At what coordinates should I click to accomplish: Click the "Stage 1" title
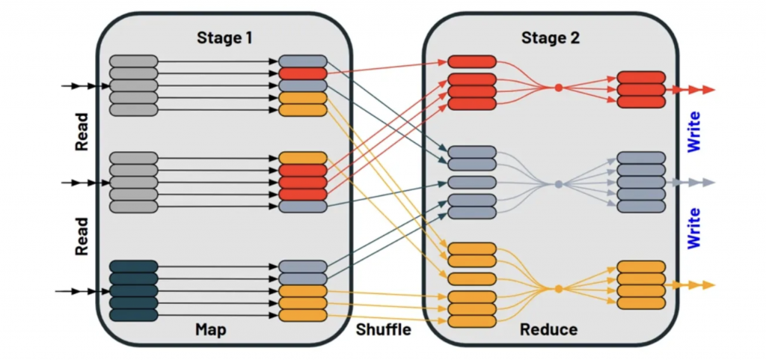225,37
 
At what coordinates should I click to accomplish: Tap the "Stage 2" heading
551,37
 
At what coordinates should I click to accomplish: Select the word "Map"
211,329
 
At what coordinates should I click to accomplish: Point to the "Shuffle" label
383,329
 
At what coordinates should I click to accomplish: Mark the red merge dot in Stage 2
558,88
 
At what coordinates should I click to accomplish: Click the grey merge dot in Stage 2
558,183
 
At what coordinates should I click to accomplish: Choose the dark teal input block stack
133,290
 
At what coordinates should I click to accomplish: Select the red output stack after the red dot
640,90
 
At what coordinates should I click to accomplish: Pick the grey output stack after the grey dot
640,183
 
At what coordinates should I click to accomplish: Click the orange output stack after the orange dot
640,285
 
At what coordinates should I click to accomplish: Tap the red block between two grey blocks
303,73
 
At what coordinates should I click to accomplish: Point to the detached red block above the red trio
472,61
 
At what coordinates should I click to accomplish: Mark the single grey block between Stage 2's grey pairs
472,183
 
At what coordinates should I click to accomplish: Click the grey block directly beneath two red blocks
303,206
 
